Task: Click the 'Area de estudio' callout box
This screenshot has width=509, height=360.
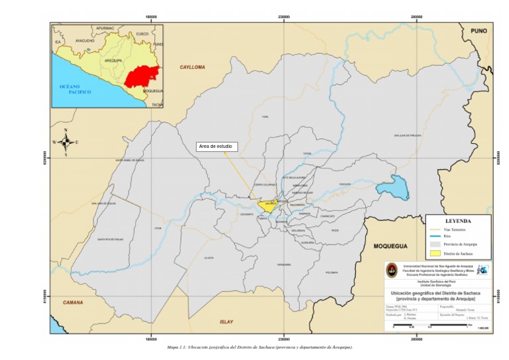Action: (217, 147)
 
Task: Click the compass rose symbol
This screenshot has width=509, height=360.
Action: (66, 142)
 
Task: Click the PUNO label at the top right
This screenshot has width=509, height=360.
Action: (479, 31)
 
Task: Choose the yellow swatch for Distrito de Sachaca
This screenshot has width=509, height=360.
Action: (433, 253)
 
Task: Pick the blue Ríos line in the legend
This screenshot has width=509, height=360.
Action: (433, 236)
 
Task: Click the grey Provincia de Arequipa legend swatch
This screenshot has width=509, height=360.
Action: (433, 244)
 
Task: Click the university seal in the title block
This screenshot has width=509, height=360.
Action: (392, 270)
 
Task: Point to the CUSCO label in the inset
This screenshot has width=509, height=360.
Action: (142, 33)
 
